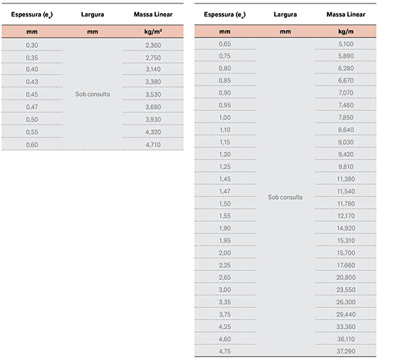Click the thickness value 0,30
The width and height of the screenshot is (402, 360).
pos(31,45)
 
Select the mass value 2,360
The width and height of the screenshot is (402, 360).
pos(153,45)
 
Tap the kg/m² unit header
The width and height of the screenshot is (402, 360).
pos(153,31)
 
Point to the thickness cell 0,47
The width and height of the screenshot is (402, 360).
pos(31,107)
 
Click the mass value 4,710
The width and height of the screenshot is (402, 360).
pos(153,144)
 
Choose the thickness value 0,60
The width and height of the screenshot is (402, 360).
pos(31,144)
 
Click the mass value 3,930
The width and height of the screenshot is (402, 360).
pos(153,120)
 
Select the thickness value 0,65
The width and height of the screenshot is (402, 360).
pos(224,44)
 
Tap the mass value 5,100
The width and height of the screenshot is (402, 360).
pos(346,44)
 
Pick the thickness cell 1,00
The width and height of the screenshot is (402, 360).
pos(224,118)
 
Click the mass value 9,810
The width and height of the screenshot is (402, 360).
pos(346,167)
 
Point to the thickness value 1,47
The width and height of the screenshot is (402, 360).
pos(224,192)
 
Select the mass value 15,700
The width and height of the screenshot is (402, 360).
pos(346,253)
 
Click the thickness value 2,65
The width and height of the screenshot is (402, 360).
pos(224,278)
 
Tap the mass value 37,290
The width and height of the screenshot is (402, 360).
pos(346,351)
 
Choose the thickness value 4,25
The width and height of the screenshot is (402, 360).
pos(224,327)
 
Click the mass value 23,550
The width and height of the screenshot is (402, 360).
pos(346,290)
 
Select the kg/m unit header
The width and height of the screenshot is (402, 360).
pos(346,31)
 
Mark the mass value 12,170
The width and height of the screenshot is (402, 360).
pos(346,216)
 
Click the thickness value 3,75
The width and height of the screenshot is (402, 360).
pos(224,315)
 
